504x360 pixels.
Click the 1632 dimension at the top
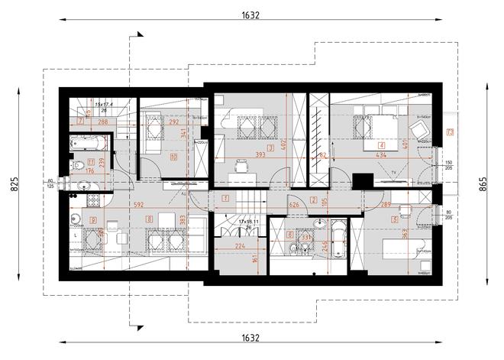(251, 15)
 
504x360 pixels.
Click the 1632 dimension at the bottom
(251, 337)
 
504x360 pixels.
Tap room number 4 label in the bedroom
(381, 144)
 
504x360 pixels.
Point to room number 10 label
(174, 158)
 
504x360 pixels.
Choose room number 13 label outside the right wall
(451, 133)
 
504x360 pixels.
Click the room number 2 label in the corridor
(314, 200)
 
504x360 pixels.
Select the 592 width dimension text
(137, 205)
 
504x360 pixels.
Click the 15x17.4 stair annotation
(103, 104)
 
